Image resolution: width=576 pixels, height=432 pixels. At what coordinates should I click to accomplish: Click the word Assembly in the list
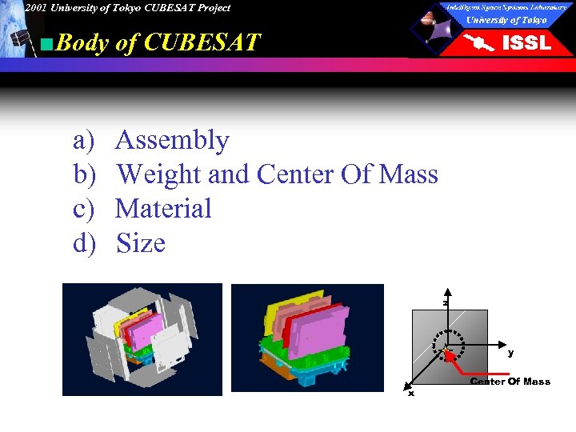(x=172, y=141)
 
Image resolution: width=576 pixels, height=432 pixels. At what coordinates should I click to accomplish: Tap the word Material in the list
(x=163, y=209)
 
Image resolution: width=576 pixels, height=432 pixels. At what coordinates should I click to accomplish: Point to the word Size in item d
(x=141, y=243)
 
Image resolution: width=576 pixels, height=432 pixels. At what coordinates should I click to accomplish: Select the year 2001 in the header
(x=35, y=8)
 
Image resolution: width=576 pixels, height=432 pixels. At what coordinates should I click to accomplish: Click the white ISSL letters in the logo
(x=526, y=43)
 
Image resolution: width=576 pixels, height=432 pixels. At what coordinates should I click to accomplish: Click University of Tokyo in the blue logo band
(x=506, y=20)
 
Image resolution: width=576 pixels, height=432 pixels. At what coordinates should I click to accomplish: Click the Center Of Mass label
(x=510, y=382)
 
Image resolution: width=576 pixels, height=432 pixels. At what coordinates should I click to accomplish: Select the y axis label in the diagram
(x=510, y=352)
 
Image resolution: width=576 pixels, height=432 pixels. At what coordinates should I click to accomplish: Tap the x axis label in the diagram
(x=411, y=393)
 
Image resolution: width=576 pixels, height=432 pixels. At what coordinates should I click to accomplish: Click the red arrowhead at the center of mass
(x=449, y=352)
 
